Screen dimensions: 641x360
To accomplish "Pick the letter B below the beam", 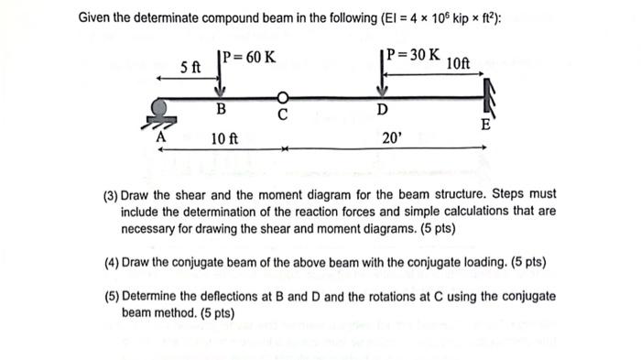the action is click(x=221, y=112).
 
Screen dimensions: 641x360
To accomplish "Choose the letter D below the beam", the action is click(x=382, y=112).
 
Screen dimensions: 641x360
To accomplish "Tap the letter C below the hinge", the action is click(x=283, y=116).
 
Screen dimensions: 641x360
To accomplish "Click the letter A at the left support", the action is click(x=162, y=135).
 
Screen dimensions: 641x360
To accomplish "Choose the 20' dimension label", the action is click(x=391, y=139).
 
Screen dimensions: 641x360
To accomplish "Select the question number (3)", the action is click(x=111, y=195).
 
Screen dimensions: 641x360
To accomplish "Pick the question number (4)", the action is click(x=111, y=262).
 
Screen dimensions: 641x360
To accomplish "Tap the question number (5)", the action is click(x=111, y=296).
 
